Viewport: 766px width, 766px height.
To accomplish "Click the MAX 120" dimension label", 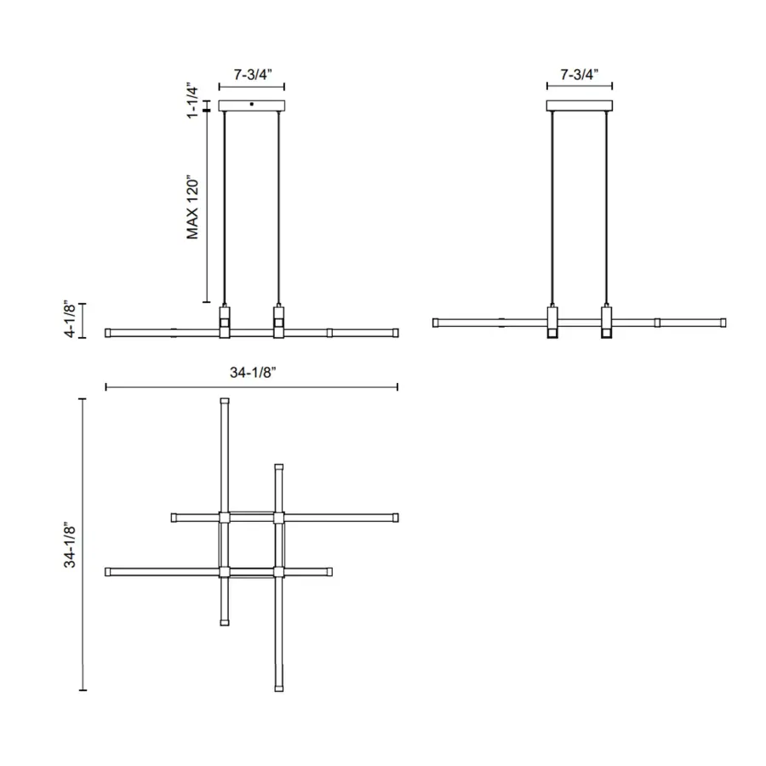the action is tap(192, 207).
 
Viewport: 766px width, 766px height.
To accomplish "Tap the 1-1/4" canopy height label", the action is tap(192, 102).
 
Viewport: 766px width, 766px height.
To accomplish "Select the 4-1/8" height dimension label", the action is tap(70, 320).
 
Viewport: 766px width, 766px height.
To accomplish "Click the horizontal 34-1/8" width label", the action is tap(253, 372).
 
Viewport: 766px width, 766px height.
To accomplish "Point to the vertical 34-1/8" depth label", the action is tap(70, 545).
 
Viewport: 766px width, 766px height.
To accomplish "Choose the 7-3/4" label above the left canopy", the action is tap(253, 74).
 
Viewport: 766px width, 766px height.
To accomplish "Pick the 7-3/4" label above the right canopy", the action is tap(580, 74).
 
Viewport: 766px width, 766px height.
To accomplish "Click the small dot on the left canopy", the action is tap(252, 104).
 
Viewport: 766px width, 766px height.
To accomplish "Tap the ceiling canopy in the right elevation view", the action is tap(580, 106).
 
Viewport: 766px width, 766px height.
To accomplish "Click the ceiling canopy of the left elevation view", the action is tap(252, 106).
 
